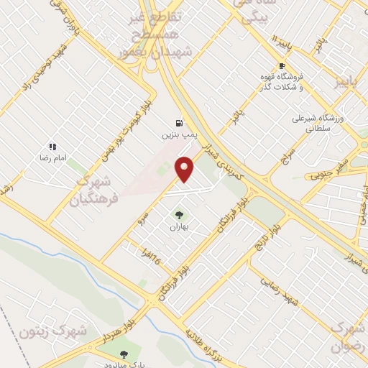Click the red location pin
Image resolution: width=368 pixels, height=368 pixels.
[185, 168]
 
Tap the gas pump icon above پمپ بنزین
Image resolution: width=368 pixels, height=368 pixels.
[179, 122]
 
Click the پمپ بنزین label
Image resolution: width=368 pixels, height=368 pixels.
[178, 134]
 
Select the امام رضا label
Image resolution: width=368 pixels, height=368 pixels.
[52, 157]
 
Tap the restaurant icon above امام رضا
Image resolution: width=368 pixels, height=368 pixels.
[52, 146]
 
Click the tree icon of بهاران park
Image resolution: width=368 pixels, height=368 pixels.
[178, 215]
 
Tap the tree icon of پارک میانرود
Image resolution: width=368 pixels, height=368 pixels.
[124, 354]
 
